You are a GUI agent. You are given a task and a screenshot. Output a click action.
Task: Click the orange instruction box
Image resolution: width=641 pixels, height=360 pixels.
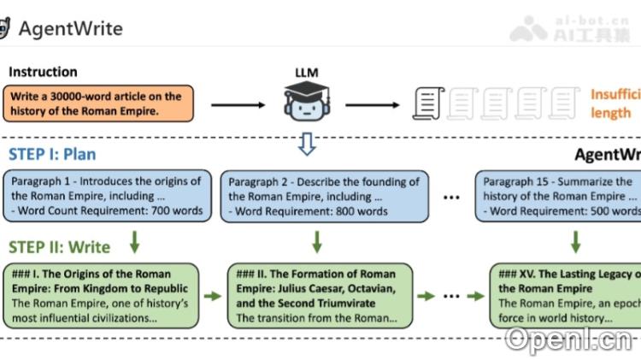pyautogui.click(x=97, y=103)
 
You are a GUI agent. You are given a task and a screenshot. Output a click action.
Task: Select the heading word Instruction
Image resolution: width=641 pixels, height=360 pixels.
pyautogui.click(x=43, y=72)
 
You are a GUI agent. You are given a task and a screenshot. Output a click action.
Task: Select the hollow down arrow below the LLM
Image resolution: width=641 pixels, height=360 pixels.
pyautogui.click(x=306, y=144)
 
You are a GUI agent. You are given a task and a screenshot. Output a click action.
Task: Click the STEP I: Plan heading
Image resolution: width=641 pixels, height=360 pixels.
pyautogui.click(x=52, y=155)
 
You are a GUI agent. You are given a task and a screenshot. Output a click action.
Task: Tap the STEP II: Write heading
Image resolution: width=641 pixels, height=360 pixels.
pyautogui.click(x=60, y=247)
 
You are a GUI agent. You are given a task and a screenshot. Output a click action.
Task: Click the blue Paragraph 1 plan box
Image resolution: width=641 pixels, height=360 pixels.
pyautogui.click(x=107, y=196)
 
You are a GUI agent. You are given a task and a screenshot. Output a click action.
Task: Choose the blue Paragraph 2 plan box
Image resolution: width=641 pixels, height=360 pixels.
pyautogui.click(x=323, y=196)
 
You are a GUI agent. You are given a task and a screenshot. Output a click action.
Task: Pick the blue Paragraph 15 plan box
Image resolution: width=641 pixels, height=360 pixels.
pyautogui.click(x=560, y=196)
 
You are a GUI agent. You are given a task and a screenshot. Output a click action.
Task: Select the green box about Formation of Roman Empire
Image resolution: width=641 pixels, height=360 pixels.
pyautogui.click(x=320, y=296)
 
